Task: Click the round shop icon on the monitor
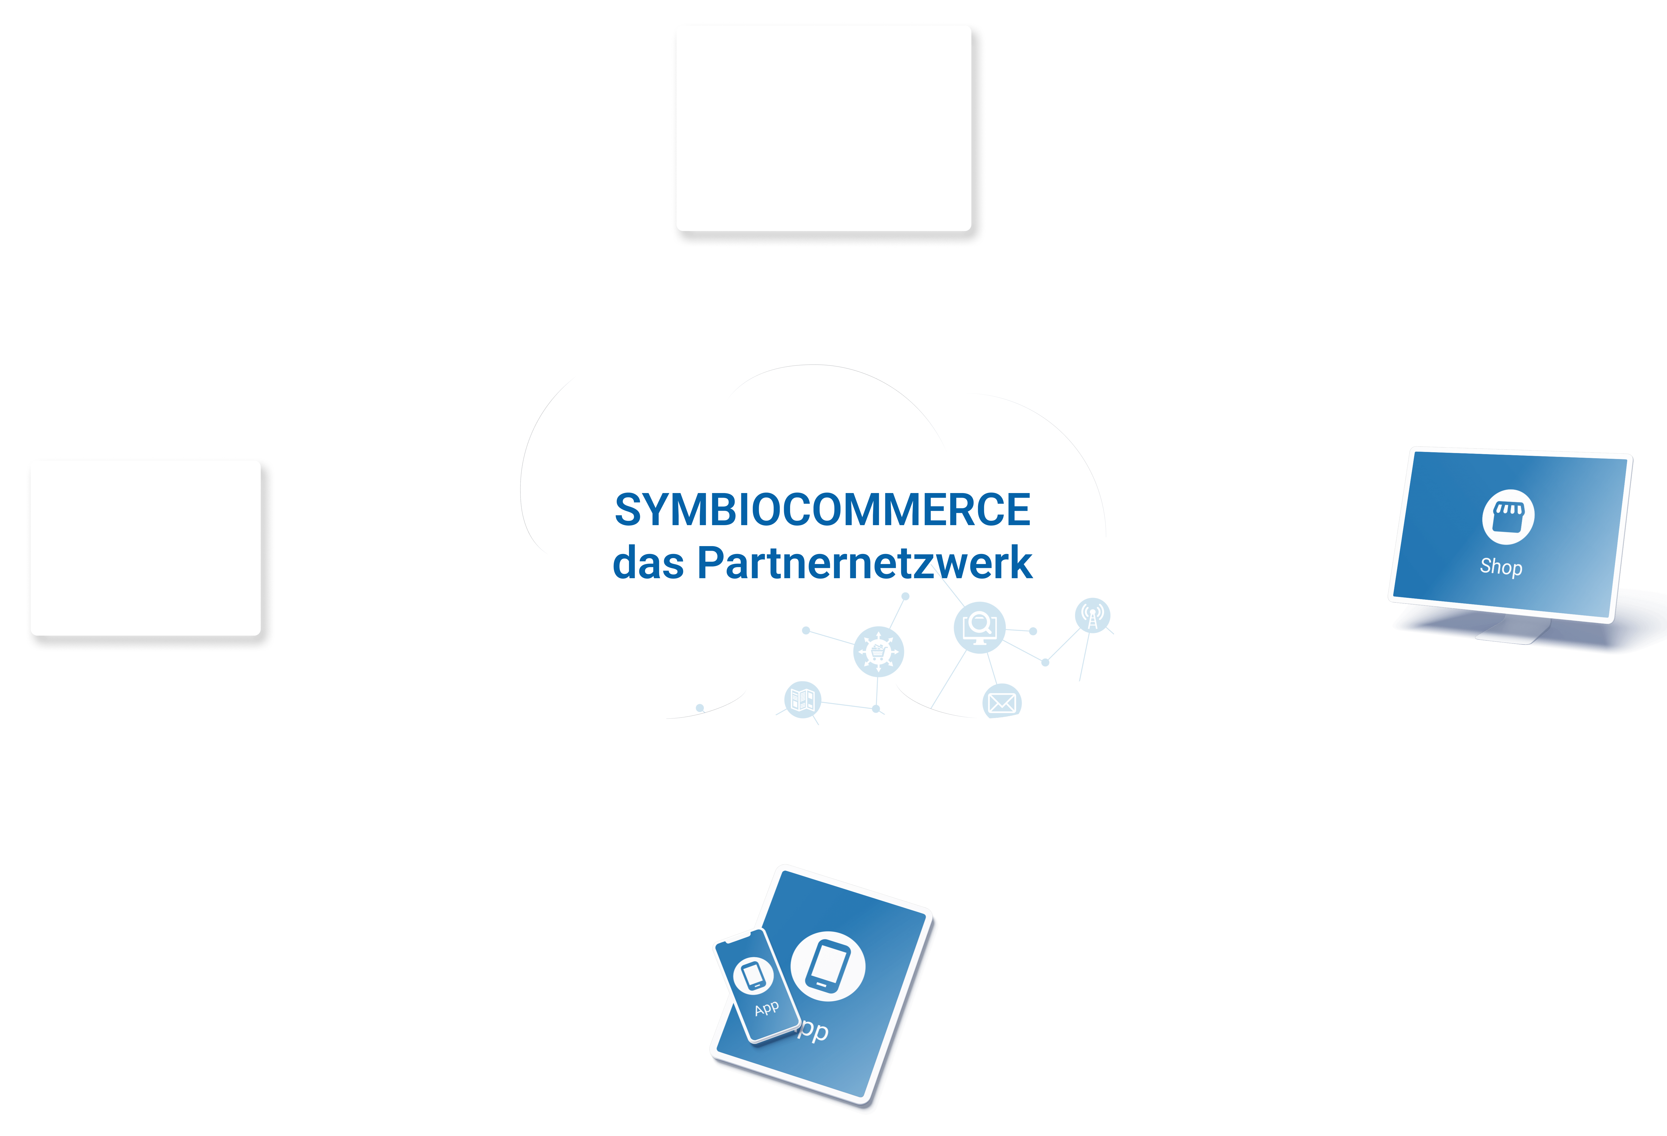[x=1508, y=516]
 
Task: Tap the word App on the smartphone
[x=766, y=1008]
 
